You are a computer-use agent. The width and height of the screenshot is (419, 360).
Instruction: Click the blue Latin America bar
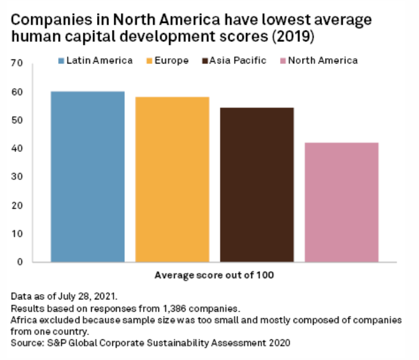click(x=88, y=176)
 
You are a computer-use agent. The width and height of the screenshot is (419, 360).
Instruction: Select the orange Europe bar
click(x=172, y=179)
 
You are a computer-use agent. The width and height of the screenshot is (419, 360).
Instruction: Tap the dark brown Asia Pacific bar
click(x=257, y=185)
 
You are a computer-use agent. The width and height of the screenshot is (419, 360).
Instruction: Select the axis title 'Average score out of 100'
click(x=214, y=275)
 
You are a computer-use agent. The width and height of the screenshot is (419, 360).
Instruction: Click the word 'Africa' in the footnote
click(x=24, y=318)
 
